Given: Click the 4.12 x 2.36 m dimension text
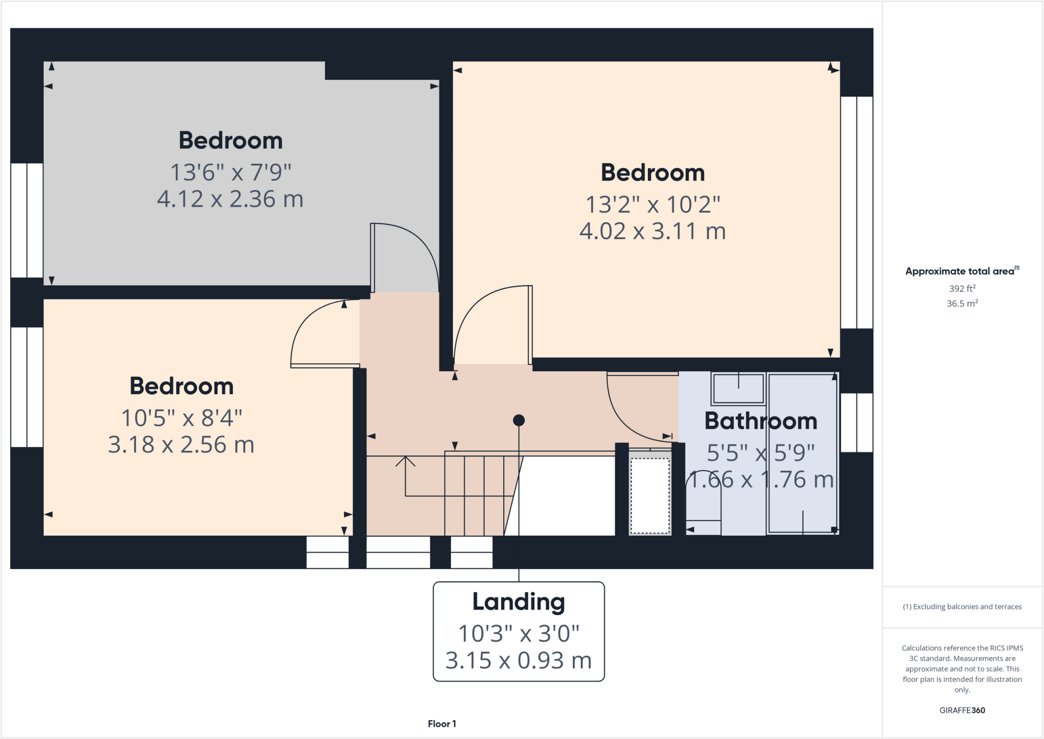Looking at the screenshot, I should [230, 199].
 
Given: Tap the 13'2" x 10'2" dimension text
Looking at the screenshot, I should [652, 205].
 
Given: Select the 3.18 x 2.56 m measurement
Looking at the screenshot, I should [181, 445].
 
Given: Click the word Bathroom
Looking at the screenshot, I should [761, 421].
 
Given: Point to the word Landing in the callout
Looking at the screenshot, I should [518, 602].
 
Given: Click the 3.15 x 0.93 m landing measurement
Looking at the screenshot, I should [518, 660].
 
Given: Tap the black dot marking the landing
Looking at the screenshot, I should [519, 420].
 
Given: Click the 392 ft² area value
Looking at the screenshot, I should [962, 289].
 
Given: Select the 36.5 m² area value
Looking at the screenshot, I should [962, 303].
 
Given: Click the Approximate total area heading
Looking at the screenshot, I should [961, 271].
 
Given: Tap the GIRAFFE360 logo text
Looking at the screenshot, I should [962, 710].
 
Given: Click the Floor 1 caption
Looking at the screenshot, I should [442, 724].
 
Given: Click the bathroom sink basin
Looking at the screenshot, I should [738, 389].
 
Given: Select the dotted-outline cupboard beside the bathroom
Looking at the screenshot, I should [650, 495].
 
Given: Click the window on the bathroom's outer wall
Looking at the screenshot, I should [856, 422].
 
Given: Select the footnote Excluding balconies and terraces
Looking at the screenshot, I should [962, 607].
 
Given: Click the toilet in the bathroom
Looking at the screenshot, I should [703, 502].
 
